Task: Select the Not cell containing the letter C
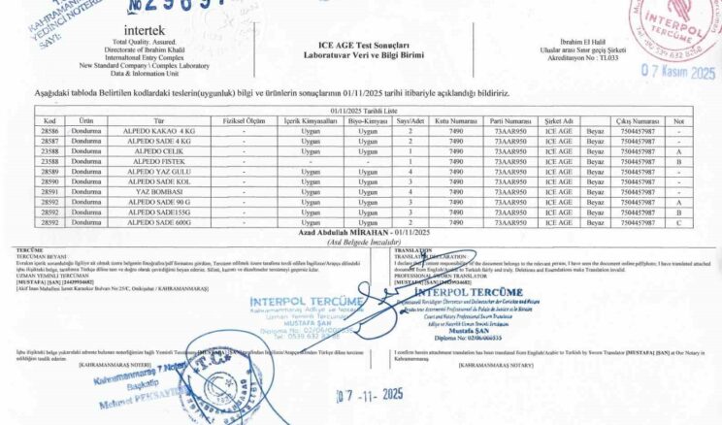[678, 222]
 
